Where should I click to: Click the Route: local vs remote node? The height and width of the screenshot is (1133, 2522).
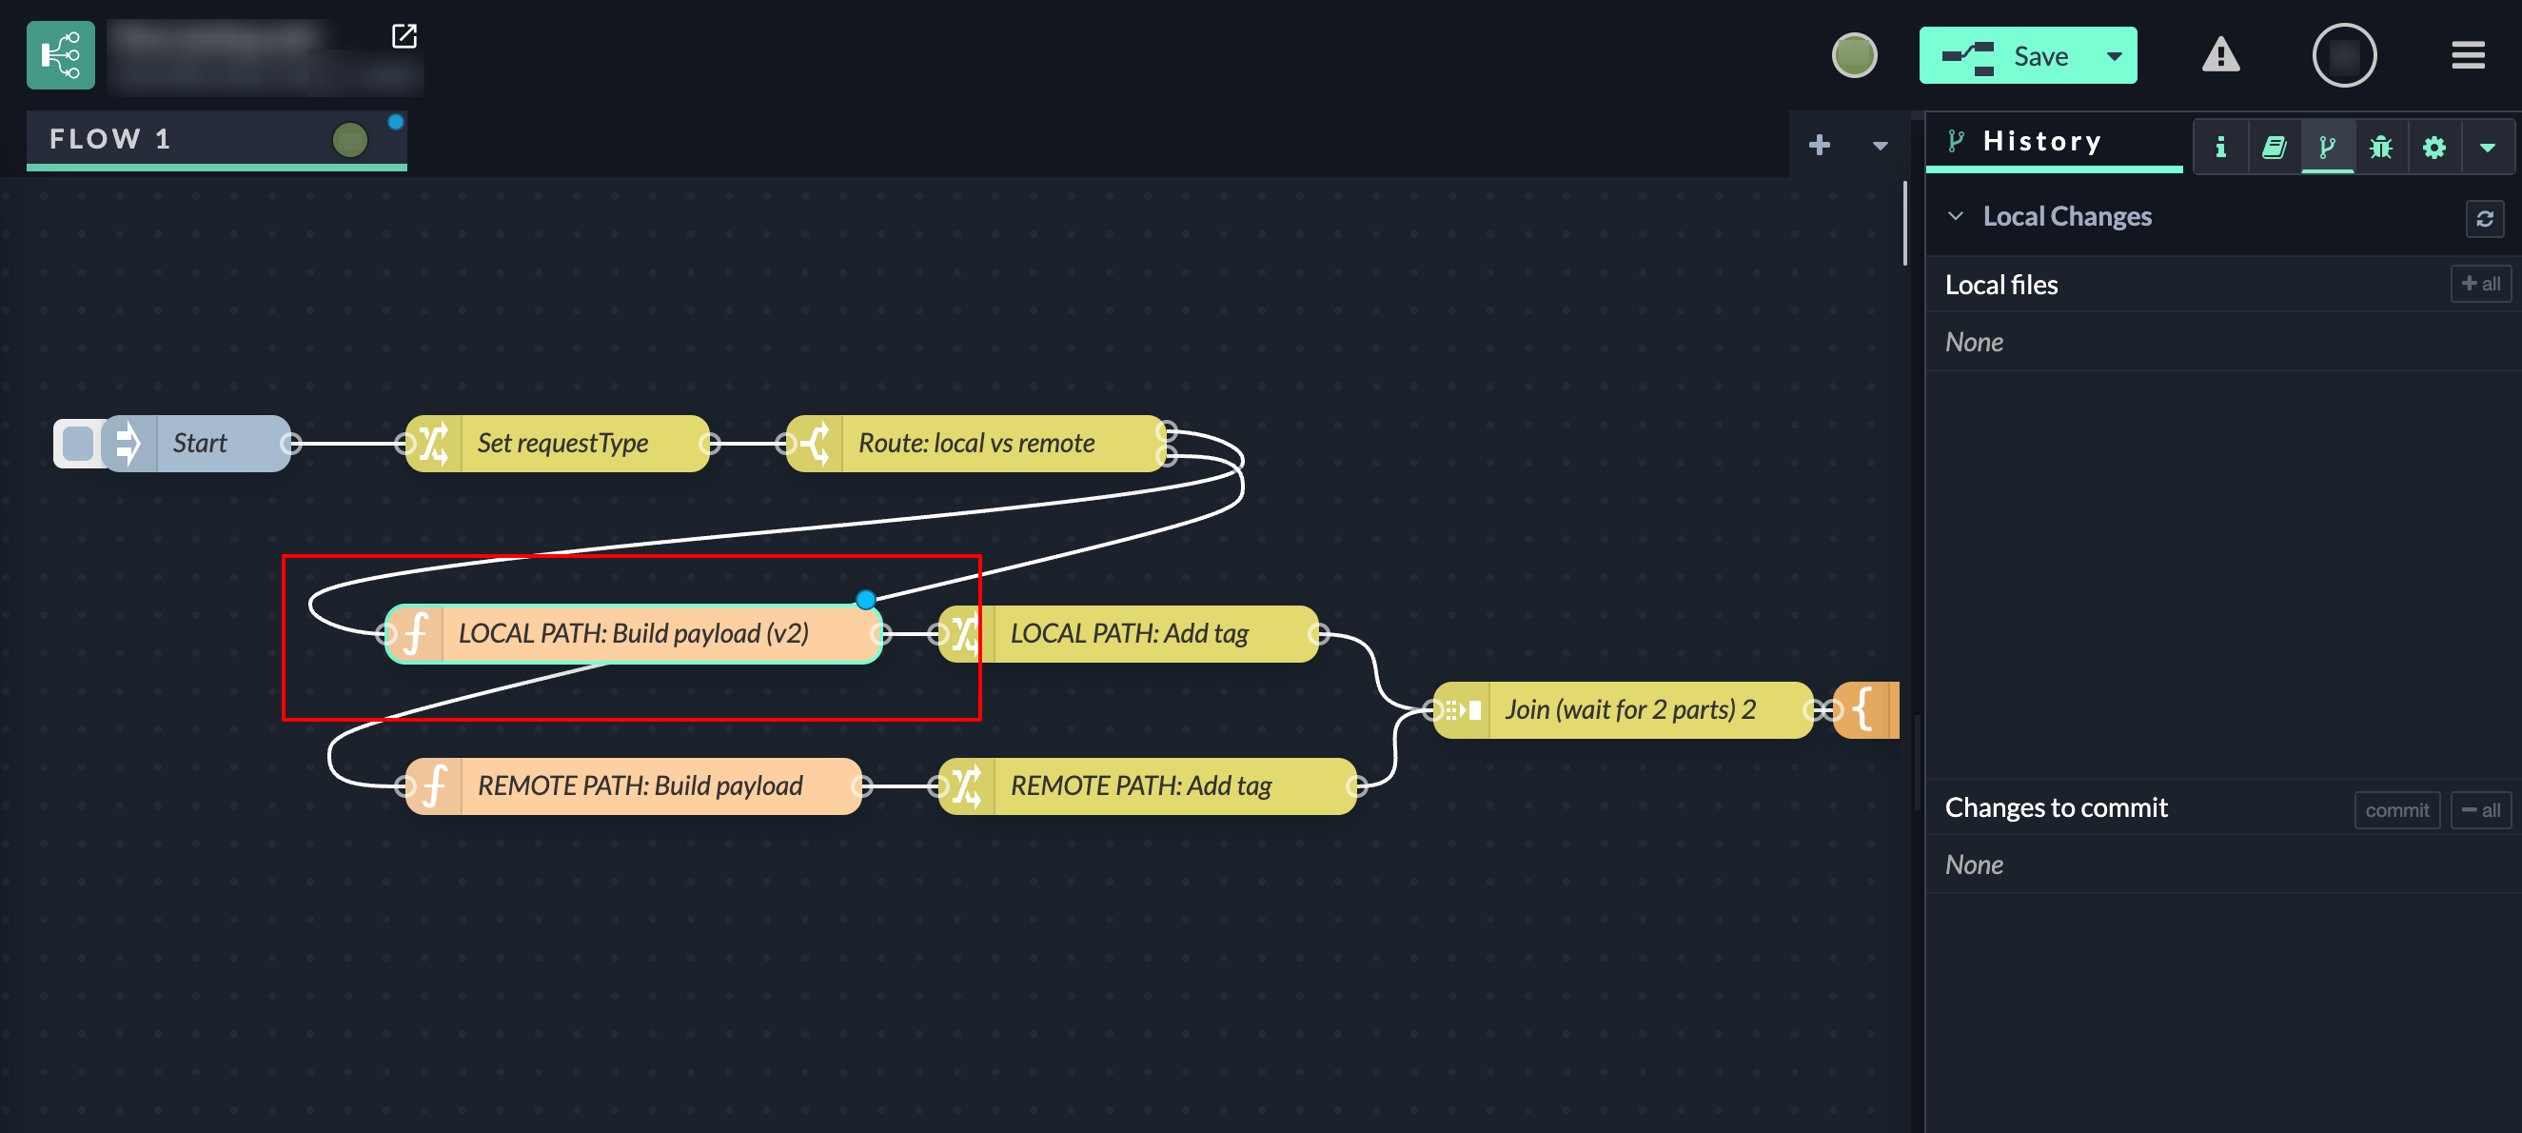[x=975, y=444]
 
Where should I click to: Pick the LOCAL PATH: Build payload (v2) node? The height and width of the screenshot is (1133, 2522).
[x=633, y=633]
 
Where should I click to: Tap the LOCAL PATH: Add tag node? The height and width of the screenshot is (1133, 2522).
[x=1128, y=633]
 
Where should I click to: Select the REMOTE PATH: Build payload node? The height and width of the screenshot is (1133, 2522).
[x=639, y=786]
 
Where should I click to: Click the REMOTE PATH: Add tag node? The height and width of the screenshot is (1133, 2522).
[x=1139, y=786]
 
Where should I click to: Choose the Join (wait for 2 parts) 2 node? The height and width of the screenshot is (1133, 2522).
[x=1629, y=710]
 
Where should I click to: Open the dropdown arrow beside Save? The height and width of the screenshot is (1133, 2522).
[x=2115, y=56]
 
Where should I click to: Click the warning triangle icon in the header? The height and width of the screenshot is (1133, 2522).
[x=2220, y=56]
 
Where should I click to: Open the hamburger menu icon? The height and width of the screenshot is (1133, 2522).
[x=2468, y=56]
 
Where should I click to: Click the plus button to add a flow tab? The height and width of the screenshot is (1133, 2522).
[x=1819, y=145]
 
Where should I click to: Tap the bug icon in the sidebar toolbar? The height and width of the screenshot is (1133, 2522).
[x=2381, y=147]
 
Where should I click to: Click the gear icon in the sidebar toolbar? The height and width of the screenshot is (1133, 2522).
[x=2433, y=147]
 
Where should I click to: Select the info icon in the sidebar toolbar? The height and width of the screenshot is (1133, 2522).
[x=2220, y=147]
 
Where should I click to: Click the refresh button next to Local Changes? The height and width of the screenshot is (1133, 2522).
[x=2485, y=217]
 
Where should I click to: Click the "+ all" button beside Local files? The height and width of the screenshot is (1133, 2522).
[x=2481, y=284]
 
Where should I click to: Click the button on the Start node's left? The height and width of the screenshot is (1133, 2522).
[x=77, y=444]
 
